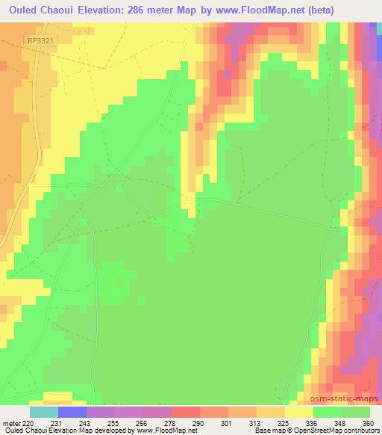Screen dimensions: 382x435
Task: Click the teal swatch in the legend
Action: (x=44, y=412)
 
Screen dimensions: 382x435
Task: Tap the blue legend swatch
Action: (x=72, y=412)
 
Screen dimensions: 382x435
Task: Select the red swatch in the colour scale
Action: (x=186, y=412)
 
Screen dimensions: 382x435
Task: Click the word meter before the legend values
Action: (x=11, y=422)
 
